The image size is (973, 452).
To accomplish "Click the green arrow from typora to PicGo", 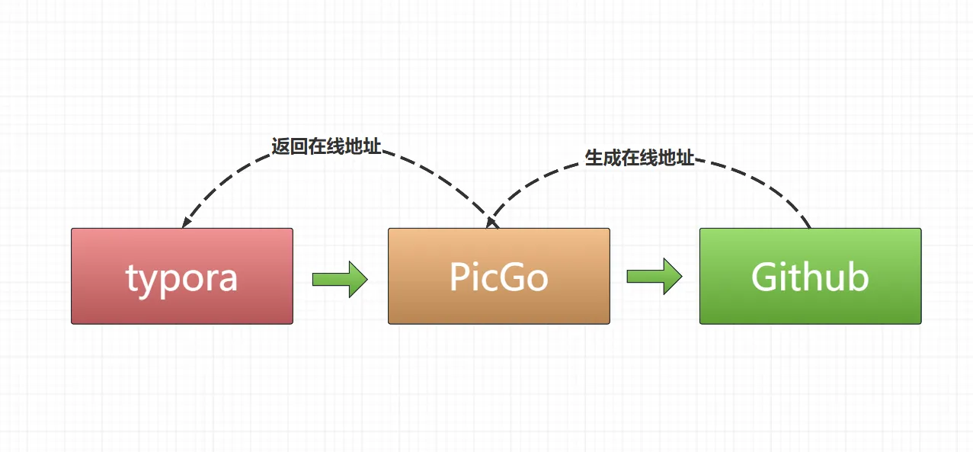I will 340,279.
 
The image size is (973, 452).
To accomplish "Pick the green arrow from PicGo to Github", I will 654,276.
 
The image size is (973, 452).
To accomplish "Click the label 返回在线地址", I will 326,147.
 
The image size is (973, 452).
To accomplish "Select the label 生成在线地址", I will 639,158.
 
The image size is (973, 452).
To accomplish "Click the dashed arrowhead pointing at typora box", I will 185,222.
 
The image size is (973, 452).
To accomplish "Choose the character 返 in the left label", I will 280,147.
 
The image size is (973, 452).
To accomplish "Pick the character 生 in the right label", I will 594,158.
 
